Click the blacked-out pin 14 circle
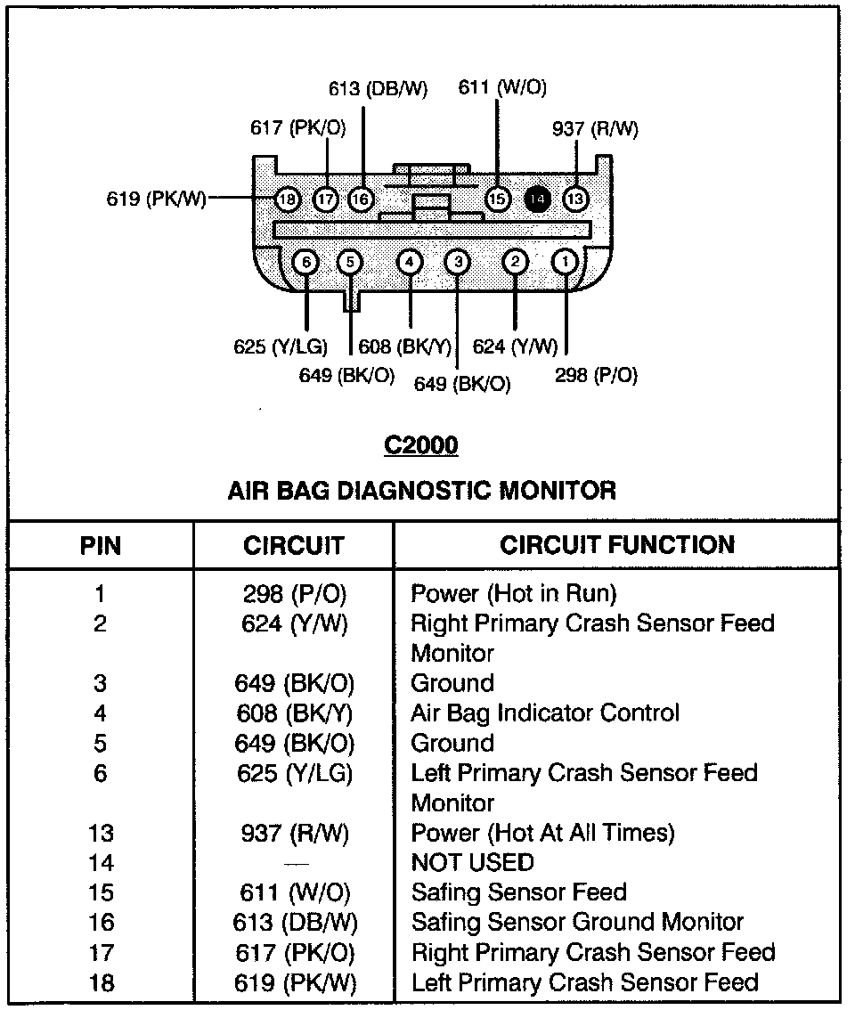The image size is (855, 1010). (x=537, y=199)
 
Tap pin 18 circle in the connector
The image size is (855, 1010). (x=287, y=199)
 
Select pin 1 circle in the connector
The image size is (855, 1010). (x=565, y=262)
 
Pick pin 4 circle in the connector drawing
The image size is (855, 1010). (x=409, y=262)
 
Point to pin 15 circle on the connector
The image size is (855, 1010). (x=497, y=199)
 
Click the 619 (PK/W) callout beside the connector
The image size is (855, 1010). (x=156, y=199)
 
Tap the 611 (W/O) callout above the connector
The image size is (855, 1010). (x=502, y=87)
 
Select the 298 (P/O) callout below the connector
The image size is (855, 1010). (x=596, y=375)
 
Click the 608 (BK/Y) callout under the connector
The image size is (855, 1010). (x=405, y=346)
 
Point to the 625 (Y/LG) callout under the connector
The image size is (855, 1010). (x=281, y=346)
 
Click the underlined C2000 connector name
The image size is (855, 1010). (x=420, y=444)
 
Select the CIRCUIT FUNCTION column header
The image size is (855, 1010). (x=617, y=545)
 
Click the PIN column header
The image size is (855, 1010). (x=101, y=545)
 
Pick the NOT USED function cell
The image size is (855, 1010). (x=472, y=862)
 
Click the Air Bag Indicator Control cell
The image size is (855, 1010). (x=544, y=713)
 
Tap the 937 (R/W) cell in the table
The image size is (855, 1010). (x=295, y=833)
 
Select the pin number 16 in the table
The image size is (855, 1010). (x=101, y=923)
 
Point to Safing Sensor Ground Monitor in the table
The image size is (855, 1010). (x=577, y=923)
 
